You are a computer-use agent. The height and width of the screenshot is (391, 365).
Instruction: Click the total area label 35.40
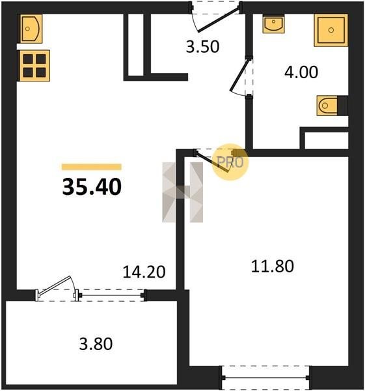(92, 187)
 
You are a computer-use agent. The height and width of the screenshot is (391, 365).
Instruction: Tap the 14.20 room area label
(144, 272)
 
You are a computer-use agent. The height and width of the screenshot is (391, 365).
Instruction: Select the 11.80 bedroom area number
(273, 266)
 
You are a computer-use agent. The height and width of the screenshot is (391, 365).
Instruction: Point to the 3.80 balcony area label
(96, 344)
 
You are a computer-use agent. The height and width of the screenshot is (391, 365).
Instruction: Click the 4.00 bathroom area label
(301, 72)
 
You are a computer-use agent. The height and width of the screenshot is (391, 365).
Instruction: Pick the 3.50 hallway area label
(202, 47)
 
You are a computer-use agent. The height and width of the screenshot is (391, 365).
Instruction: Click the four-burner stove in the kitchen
(34, 66)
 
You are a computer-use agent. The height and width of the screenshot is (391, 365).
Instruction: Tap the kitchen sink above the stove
(31, 29)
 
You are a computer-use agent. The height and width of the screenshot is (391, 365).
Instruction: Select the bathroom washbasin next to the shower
(274, 23)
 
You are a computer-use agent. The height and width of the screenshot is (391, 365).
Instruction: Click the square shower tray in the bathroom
(331, 30)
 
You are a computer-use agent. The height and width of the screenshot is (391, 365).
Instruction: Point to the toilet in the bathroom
(327, 106)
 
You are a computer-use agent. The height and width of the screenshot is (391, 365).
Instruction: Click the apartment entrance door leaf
(219, 20)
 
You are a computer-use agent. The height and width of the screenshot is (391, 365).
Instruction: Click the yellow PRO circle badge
(230, 162)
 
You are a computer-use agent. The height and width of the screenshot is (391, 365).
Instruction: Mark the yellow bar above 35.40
(92, 167)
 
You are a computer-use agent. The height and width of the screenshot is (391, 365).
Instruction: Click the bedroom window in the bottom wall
(265, 378)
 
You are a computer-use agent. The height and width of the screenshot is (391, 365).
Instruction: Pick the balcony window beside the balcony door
(111, 295)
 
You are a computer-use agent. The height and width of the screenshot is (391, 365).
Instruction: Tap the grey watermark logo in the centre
(182, 192)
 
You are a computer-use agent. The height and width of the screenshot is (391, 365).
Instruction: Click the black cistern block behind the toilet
(343, 106)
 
